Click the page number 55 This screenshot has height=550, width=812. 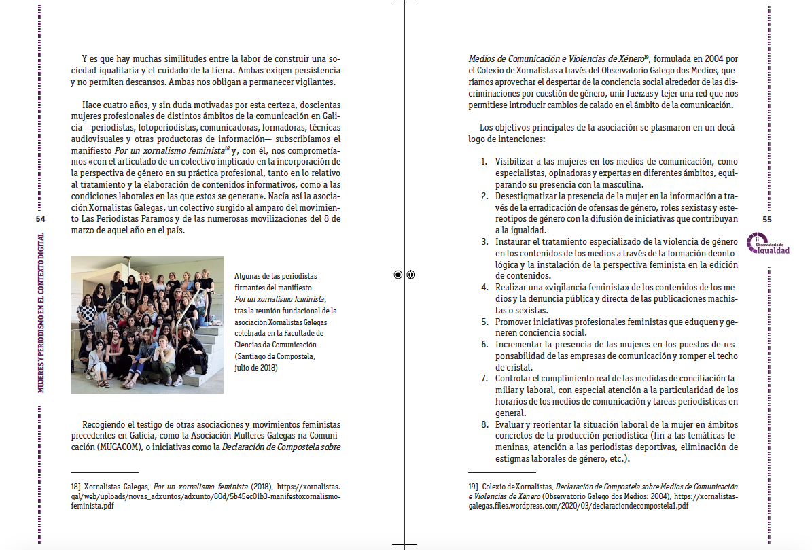[767, 219]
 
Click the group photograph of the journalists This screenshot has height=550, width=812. [147, 324]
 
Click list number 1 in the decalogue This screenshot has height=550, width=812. [484, 162]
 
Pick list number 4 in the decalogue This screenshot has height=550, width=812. [484, 288]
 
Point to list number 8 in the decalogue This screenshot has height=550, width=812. [484, 425]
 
